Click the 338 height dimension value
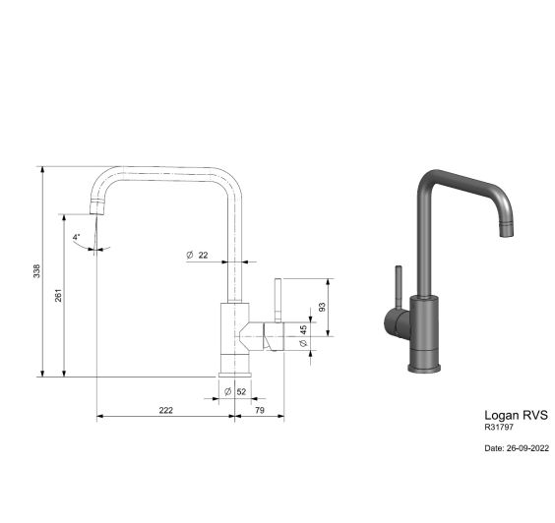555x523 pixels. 36,271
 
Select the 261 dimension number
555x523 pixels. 58,295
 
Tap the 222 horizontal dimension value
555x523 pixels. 166,410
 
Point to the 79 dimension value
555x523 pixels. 260,410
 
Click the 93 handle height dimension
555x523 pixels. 322,307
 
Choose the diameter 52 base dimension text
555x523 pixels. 235,391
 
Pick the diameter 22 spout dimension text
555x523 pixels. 197,255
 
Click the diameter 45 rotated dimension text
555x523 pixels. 303,336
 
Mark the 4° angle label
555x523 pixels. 77,237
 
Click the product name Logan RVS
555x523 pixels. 516,415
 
